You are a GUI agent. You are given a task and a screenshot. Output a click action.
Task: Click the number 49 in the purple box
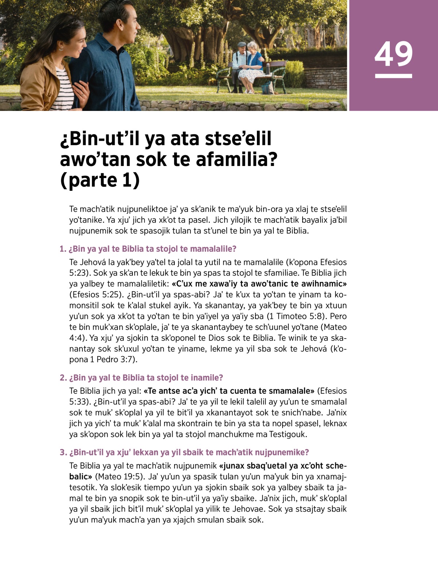coord(393,54)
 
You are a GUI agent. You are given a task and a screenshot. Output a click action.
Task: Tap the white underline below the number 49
coord(393,76)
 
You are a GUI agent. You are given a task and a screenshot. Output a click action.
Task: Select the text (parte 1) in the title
coord(100,180)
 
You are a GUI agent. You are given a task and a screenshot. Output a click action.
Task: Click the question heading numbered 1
coord(148,249)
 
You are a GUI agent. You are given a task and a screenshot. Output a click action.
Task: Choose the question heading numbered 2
coord(141,378)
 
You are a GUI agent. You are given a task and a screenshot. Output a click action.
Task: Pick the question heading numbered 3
coord(184,452)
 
